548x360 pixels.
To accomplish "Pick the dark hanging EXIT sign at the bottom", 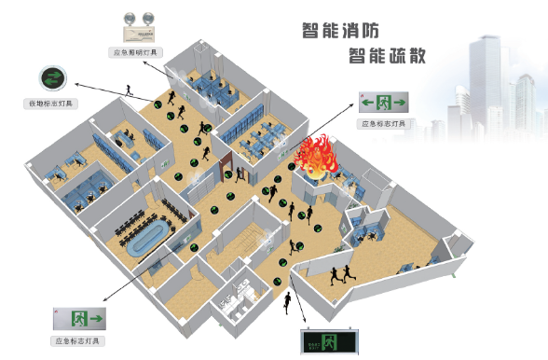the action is pos(329,343).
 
